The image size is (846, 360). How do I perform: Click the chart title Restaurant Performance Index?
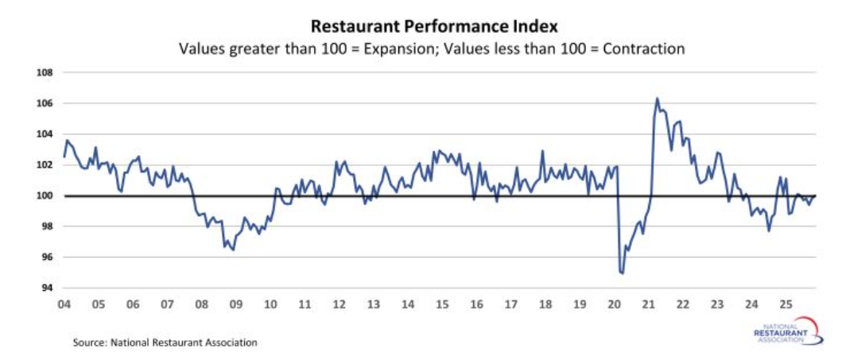[423, 25]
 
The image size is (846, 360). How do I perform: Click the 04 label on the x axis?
[64, 304]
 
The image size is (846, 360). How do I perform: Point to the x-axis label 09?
[235, 304]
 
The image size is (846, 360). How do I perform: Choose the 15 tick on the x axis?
[442, 304]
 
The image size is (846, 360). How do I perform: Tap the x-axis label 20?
[614, 304]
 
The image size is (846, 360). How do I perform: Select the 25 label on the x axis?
[785, 304]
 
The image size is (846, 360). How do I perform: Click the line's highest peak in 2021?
[657, 99]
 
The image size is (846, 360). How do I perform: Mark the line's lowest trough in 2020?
[621, 273]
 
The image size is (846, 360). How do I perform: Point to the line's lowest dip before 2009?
[232, 250]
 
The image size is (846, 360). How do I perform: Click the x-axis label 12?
[339, 304]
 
